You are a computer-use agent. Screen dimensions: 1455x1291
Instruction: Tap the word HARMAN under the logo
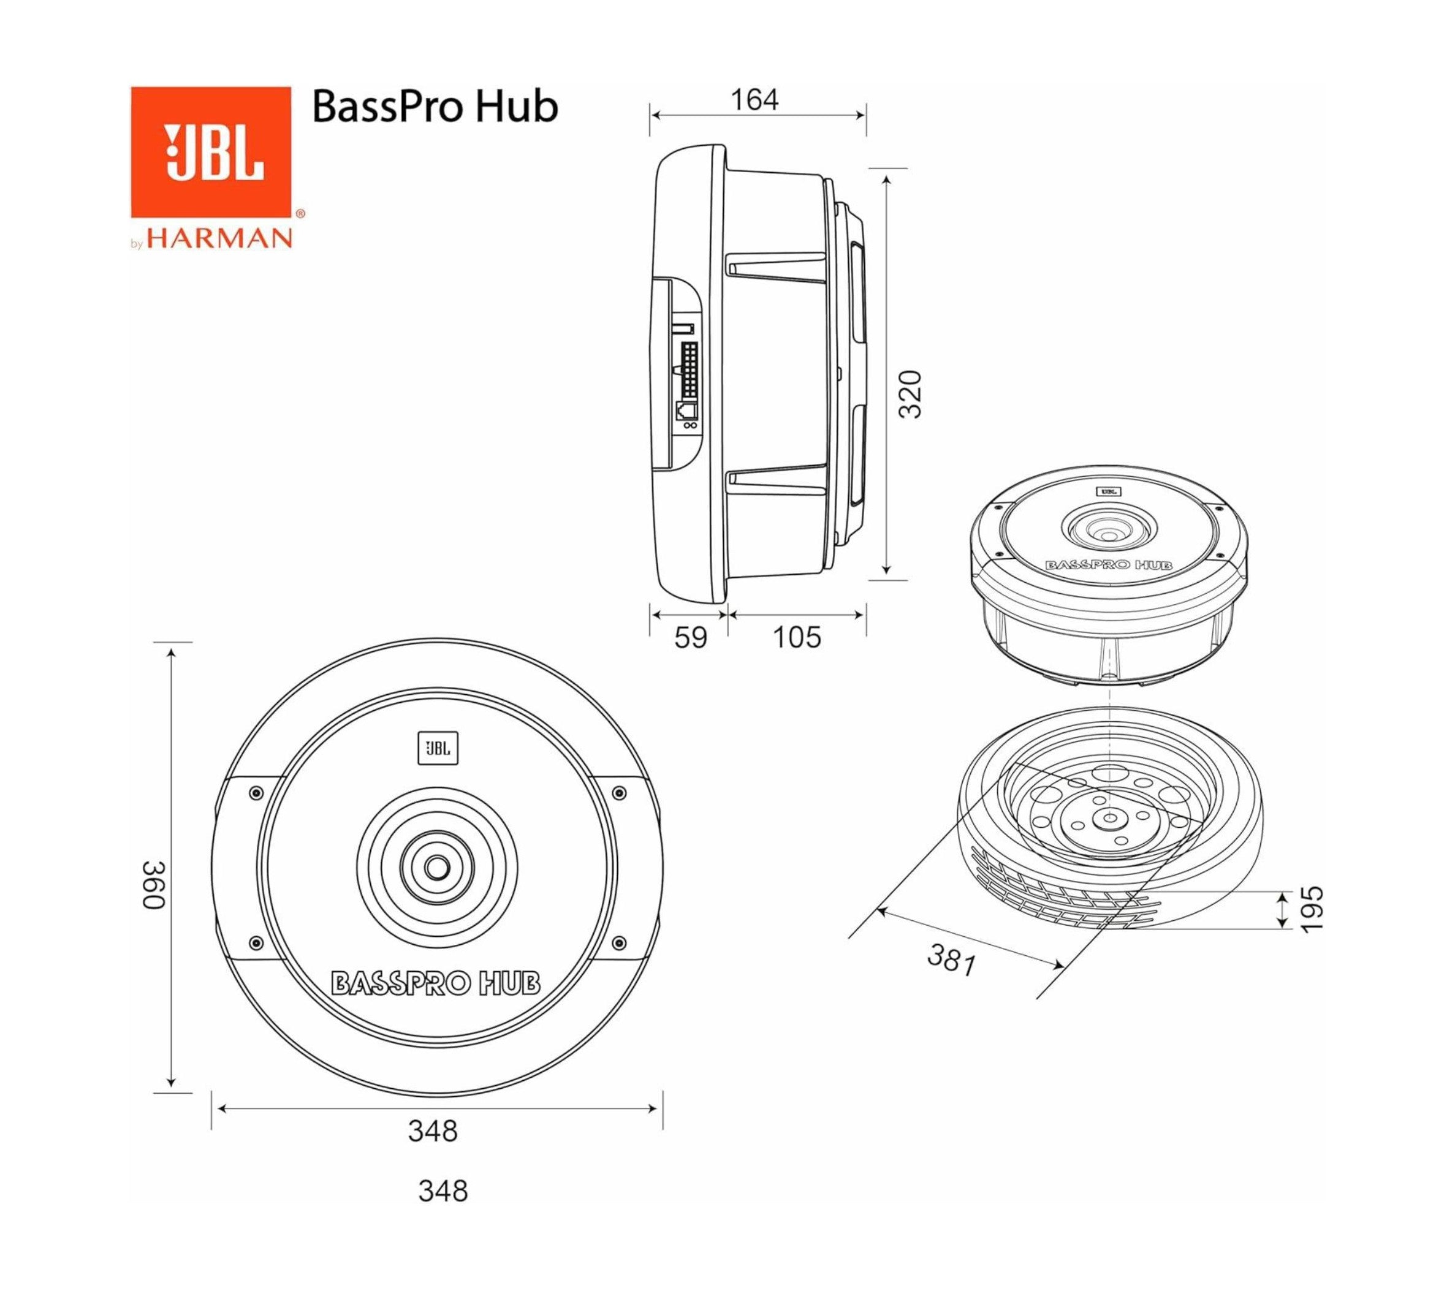coord(219,238)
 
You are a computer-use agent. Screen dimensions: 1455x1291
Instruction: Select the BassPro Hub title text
coord(435,107)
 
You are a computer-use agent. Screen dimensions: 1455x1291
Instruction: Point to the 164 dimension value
coord(755,100)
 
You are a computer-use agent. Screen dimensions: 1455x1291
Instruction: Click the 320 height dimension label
coord(910,394)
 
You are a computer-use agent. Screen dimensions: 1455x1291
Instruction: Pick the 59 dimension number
coord(691,638)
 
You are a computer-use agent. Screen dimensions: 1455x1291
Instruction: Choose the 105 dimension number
coord(797,638)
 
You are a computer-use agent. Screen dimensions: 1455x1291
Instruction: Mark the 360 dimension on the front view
coord(154,885)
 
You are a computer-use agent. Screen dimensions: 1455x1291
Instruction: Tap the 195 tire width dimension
coord(1310,908)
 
